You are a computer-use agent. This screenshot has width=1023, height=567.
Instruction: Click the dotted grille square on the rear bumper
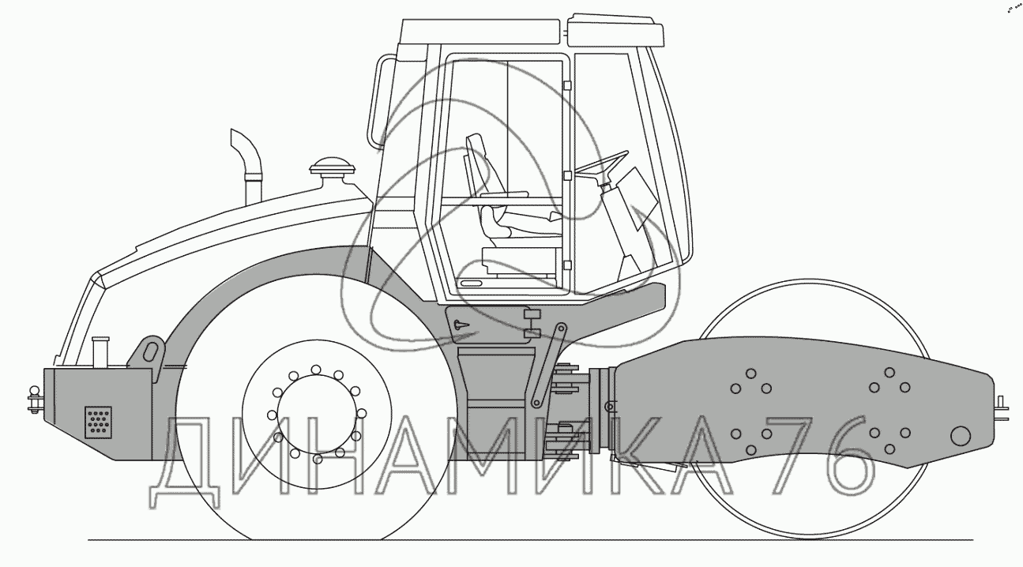pos(98,422)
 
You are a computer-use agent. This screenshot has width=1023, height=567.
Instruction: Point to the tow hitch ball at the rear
pos(35,392)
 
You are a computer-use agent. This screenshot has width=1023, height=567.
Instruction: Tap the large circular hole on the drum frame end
pos(961,435)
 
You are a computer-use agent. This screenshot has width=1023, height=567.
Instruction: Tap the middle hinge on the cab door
pos(566,175)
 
